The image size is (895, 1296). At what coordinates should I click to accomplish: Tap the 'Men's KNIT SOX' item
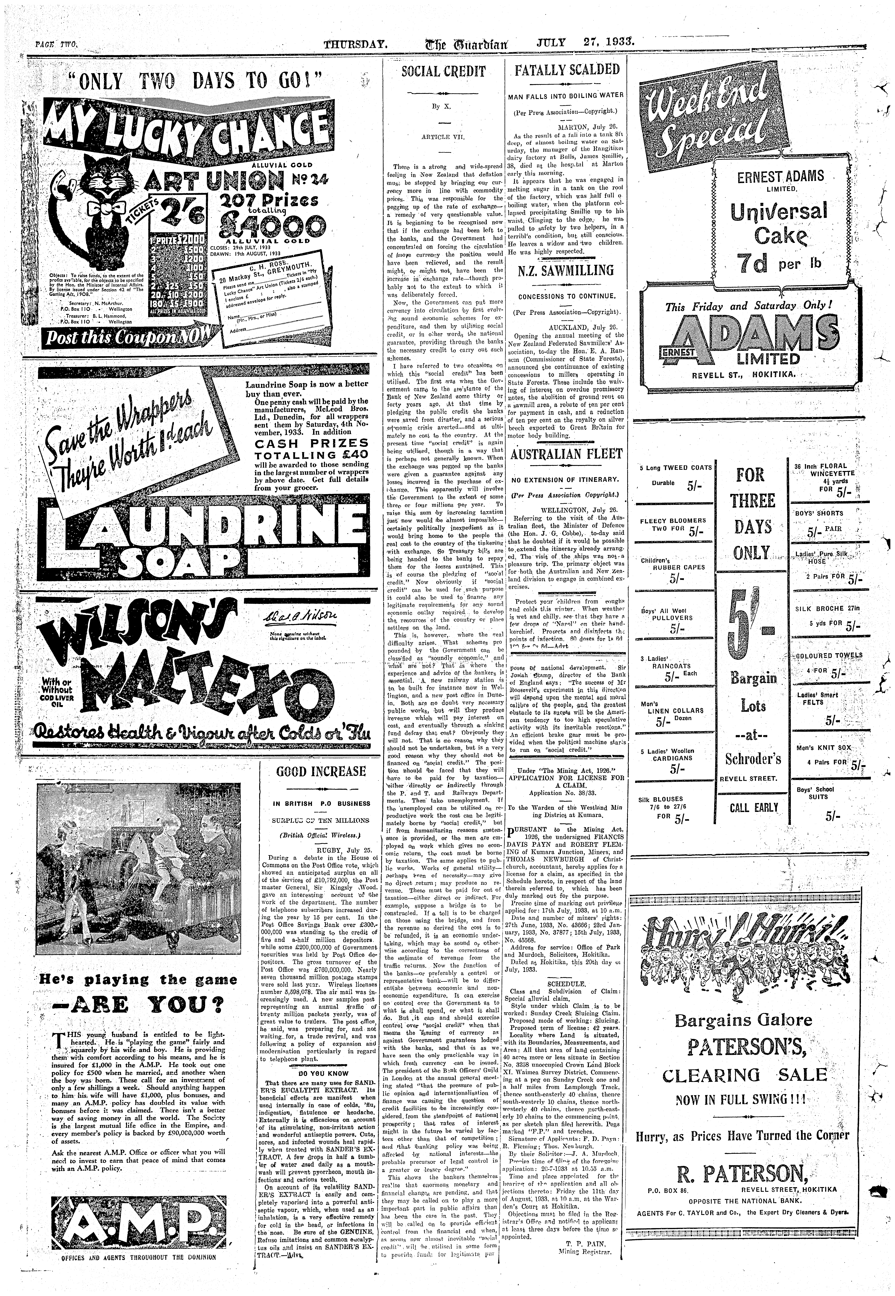point(823,748)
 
